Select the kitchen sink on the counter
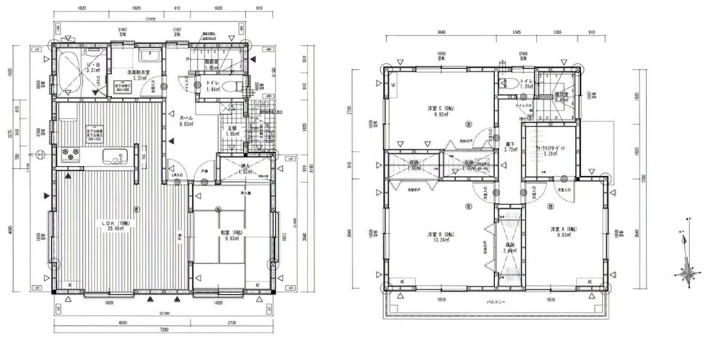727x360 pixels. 116,156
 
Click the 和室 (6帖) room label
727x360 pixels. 231,236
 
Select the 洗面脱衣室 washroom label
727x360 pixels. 138,76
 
